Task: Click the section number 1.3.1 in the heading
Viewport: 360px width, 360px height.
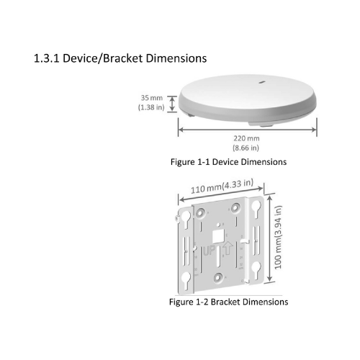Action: tap(46, 58)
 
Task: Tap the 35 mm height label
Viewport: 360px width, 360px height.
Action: tap(151, 96)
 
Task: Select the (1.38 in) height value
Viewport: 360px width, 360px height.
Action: tap(151, 107)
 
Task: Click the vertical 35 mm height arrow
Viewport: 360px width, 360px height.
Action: tap(171, 102)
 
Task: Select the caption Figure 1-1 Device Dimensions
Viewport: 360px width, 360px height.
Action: tap(228, 162)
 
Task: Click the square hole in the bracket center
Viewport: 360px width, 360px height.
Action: tap(218, 234)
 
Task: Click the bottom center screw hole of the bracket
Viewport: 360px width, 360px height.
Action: tap(218, 276)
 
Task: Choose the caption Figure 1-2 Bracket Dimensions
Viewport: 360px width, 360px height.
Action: tap(228, 302)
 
